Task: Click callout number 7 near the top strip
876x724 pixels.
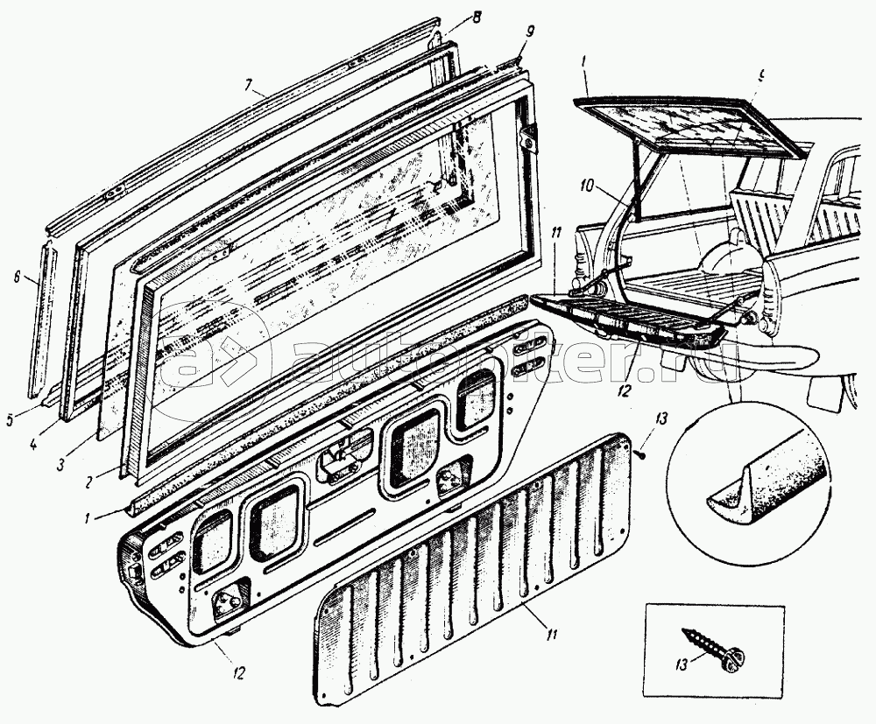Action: [249, 86]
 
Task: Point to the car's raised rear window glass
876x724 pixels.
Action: [692, 131]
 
